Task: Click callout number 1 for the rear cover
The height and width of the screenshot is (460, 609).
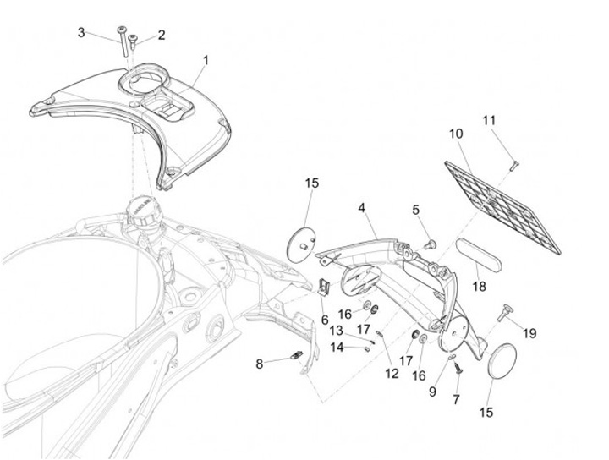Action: click(205, 61)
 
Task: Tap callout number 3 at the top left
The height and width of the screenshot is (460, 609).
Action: click(81, 33)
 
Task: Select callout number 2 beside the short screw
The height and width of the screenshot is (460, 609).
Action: click(161, 36)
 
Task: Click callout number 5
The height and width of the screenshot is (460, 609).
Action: click(416, 209)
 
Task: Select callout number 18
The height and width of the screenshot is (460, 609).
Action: click(480, 287)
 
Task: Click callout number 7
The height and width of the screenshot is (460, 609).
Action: click(457, 397)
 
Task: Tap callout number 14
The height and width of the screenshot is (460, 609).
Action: click(337, 347)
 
